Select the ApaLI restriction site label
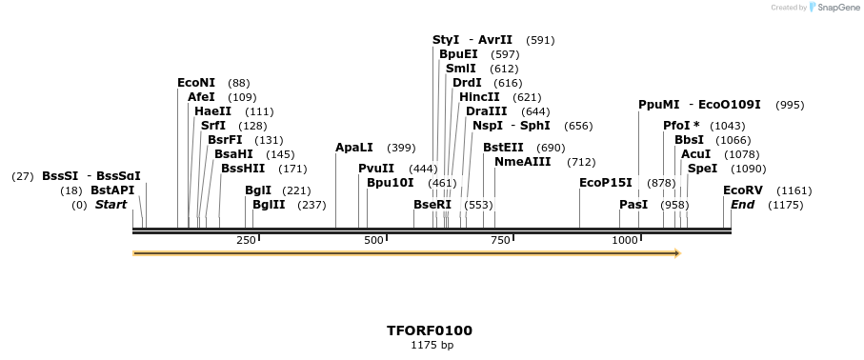pos(355,148)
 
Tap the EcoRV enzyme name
pos(742,190)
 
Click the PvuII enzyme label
pos(376,169)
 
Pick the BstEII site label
pos(503,148)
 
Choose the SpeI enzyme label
pos(702,169)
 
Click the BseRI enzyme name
pos(432,205)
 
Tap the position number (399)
pos(401,149)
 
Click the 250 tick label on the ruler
pos(246,240)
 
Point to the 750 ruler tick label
pos(501,240)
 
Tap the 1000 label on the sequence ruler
pos(625,240)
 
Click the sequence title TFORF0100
pos(429,330)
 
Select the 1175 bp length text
pos(432,345)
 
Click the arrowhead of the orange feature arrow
pos(677,253)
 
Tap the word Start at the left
pos(111,205)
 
